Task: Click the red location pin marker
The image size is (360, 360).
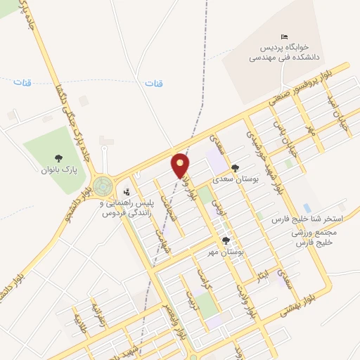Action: [x=181, y=166]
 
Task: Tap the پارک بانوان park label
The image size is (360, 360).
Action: [x=57, y=169]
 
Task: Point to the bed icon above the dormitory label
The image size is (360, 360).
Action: [x=283, y=37]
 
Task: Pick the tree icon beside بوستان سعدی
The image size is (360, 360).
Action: [x=234, y=167]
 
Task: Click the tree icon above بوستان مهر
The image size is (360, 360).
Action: [x=225, y=240]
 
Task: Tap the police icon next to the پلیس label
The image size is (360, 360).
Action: [x=127, y=192]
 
